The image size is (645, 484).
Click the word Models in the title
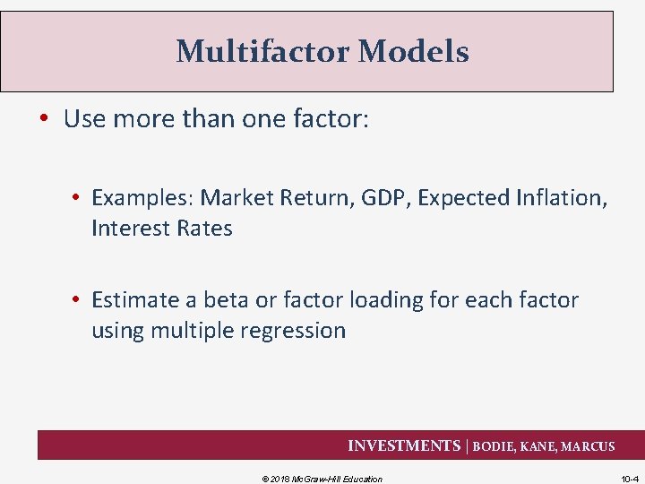(413, 52)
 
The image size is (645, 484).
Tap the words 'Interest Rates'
(161, 229)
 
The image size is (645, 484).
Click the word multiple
(189, 331)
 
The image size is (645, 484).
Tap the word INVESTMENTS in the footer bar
(403, 446)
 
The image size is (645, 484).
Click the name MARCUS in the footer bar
(588, 446)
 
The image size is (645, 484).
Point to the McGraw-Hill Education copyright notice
(322, 479)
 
